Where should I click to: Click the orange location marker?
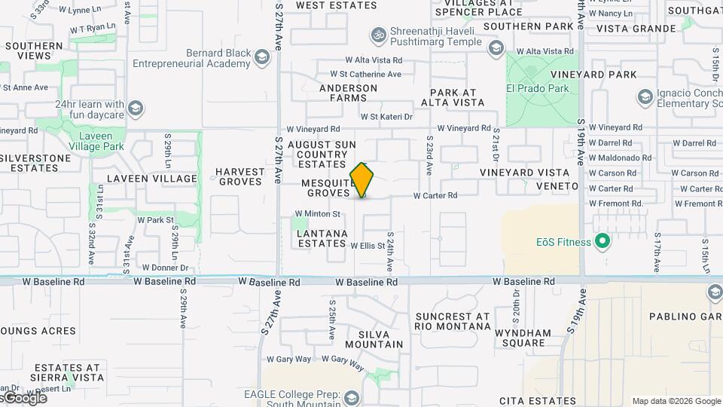tap(362, 180)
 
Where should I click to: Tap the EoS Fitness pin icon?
tap(602, 242)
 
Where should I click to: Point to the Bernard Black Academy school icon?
tap(261, 57)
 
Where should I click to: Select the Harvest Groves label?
tap(240, 176)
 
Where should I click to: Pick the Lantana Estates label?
tap(322, 238)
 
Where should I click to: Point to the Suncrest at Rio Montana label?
tap(452, 321)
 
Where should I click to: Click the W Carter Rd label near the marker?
tap(435, 195)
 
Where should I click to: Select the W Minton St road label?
tap(322, 214)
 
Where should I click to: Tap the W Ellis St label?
tap(368, 244)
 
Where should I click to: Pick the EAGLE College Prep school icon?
tap(350, 397)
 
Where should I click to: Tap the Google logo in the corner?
tap(24, 397)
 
